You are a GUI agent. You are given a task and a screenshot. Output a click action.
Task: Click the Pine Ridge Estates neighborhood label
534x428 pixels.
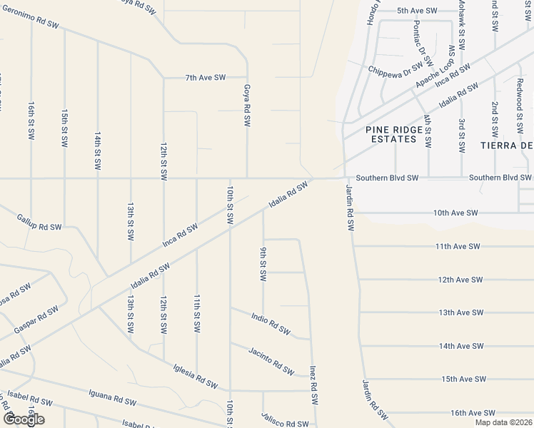[x=391, y=134]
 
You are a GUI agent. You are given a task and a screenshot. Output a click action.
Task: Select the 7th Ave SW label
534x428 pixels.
[x=206, y=77]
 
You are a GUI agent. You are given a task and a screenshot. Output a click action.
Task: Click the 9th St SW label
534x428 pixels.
[x=263, y=264]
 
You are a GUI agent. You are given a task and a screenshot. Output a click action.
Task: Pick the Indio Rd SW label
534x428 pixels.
[x=271, y=322]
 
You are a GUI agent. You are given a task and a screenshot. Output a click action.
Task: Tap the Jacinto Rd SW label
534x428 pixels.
[x=271, y=360]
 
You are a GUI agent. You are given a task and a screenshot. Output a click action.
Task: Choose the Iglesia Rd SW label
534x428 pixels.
[x=195, y=376]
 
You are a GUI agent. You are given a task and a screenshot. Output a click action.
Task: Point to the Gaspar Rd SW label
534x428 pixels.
[x=36, y=320]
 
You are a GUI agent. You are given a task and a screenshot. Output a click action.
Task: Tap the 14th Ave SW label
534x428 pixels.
[x=462, y=346]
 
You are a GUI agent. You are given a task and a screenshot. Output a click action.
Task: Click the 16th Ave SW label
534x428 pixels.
[x=472, y=413]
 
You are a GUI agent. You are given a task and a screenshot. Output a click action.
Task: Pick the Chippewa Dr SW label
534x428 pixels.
[x=396, y=70]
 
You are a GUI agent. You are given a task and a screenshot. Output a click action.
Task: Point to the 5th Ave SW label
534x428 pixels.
[x=417, y=11]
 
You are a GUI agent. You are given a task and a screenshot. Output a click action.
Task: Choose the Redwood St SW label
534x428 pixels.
[x=520, y=111]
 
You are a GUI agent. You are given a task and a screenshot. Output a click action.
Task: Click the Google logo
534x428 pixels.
[x=24, y=419]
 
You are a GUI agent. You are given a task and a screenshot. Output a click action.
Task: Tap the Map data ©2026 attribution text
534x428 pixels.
[x=503, y=422]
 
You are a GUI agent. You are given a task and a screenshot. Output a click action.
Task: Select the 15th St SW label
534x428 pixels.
[x=64, y=128]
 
